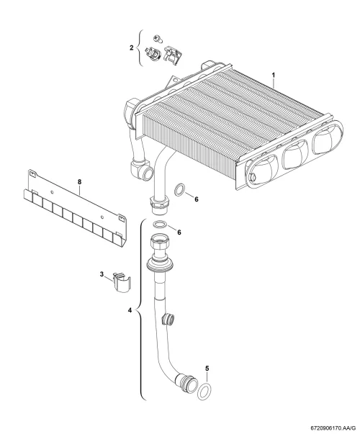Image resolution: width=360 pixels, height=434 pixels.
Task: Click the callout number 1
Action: pyautogui.click(x=274, y=75)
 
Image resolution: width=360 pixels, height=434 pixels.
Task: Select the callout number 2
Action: pyautogui.click(x=132, y=48)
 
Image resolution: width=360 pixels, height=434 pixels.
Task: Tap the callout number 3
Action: pyautogui.click(x=102, y=274)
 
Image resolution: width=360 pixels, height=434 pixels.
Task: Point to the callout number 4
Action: pyautogui.click(x=130, y=310)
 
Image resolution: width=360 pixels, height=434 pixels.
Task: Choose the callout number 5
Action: pyautogui.click(x=207, y=369)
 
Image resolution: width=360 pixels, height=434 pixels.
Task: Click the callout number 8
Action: pyautogui.click(x=79, y=182)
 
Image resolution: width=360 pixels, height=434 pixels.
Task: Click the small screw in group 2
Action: pyautogui.click(x=158, y=38)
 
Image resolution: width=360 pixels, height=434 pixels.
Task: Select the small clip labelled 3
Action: pyautogui.click(x=122, y=282)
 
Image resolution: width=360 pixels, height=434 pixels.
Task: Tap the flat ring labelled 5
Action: pyautogui.click(x=204, y=392)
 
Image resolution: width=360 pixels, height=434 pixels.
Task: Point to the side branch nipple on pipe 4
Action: pyautogui.click(x=168, y=319)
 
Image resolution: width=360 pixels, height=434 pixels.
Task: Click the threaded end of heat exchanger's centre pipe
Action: pyautogui.click(x=159, y=205)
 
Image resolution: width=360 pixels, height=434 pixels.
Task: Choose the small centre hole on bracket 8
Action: pyautogui.click(x=52, y=192)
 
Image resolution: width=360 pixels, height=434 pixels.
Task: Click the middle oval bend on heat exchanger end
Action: pyautogui.click(x=295, y=154)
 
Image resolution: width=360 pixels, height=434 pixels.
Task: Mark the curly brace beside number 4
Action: pyautogui.click(x=141, y=309)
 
